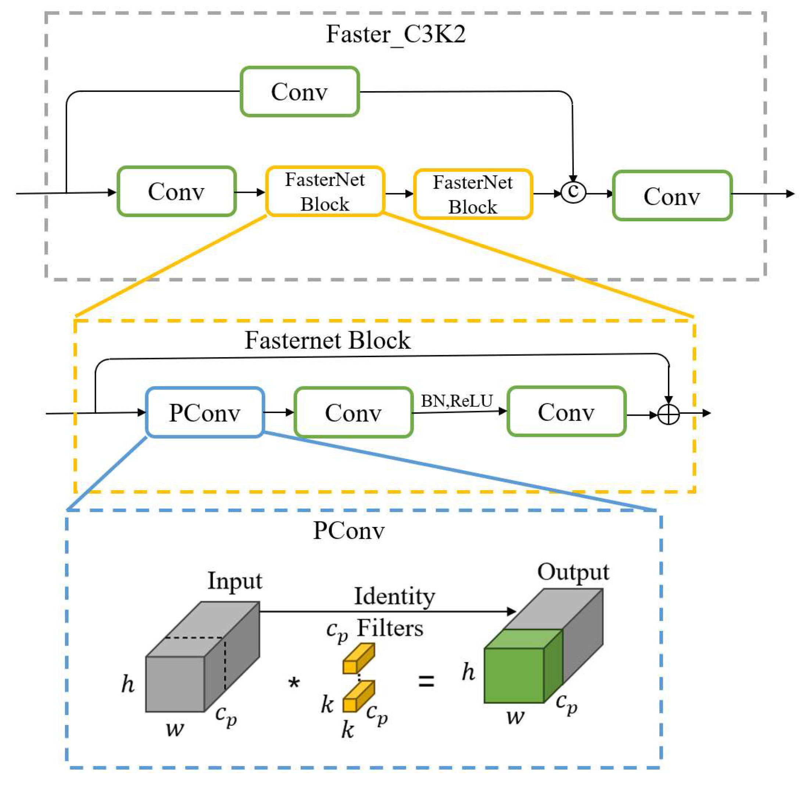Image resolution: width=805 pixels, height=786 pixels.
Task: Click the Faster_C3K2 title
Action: (395, 34)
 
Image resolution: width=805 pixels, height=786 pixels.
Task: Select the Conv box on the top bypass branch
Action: (300, 91)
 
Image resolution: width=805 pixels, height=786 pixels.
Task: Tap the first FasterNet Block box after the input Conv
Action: (325, 191)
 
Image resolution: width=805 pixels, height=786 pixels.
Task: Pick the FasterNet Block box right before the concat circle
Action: (473, 194)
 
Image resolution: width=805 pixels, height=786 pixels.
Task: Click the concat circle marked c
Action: (573, 193)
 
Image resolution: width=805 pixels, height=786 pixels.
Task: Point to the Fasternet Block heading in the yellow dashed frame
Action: (328, 341)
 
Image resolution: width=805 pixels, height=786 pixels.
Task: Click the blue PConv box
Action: (205, 412)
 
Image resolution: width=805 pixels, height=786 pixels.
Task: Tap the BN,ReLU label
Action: (457, 401)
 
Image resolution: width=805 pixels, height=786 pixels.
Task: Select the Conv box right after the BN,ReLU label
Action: (566, 412)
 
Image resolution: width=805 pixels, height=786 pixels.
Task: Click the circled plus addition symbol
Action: (668, 414)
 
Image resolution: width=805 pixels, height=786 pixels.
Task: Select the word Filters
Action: (390, 628)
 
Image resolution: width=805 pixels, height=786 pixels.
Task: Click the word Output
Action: (573, 572)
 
